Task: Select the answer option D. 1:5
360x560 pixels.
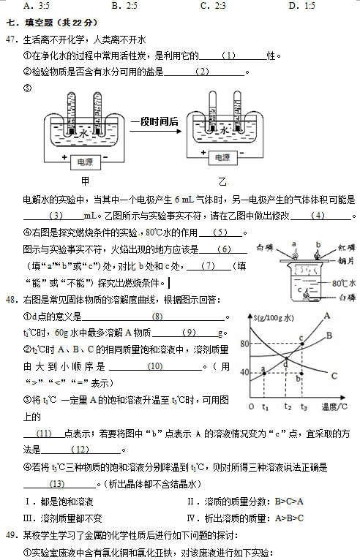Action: (302, 6)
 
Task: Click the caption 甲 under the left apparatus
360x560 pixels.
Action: (86, 181)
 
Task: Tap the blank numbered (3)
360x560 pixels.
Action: (56, 216)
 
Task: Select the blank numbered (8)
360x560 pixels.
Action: (157, 316)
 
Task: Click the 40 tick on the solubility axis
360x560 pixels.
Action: (244, 372)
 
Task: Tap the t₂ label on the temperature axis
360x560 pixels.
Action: (288, 406)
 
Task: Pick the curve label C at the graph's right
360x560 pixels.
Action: (334, 376)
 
